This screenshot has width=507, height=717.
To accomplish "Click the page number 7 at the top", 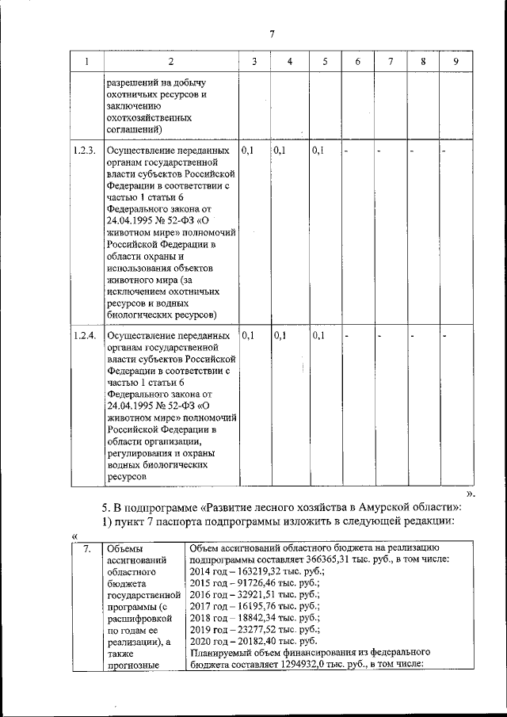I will click(271, 33).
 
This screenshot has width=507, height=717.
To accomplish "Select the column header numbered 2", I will click(170, 62).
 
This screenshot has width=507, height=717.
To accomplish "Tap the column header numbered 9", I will click(455, 62).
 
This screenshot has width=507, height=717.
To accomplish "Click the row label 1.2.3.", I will click(84, 150).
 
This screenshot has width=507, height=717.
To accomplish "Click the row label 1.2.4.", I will click(84, 336).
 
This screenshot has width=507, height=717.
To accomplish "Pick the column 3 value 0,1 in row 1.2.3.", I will click(247, 150).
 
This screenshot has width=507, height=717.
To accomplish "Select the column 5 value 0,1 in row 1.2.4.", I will click(319, 336).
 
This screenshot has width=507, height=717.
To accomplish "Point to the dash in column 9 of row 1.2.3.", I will click(445, 150).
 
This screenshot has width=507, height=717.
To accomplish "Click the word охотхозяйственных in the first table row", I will click(147, 116).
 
